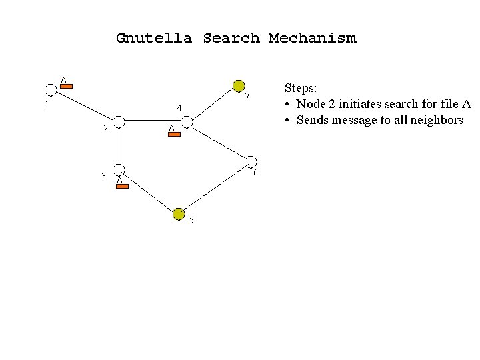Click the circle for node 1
(x=51, y=90)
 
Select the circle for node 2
(x=119, y=121)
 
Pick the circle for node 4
(x=187, y=122)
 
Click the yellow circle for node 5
(x=179, y=213)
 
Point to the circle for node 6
(x=251, y=161)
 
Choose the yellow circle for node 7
(x=239, y=85)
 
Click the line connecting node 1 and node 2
(x=85, y=105)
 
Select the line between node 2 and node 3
(x=119, y=145)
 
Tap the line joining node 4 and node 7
(x=213, y=103)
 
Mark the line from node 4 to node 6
(x=219, y=141)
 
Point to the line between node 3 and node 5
(x=149, y=192)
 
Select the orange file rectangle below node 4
(x=174, y=134)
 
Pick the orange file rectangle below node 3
(x=121, y=187)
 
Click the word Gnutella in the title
(x=153, y=38)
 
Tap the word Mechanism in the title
(x=312, y=38)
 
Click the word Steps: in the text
(x=301, y=88)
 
